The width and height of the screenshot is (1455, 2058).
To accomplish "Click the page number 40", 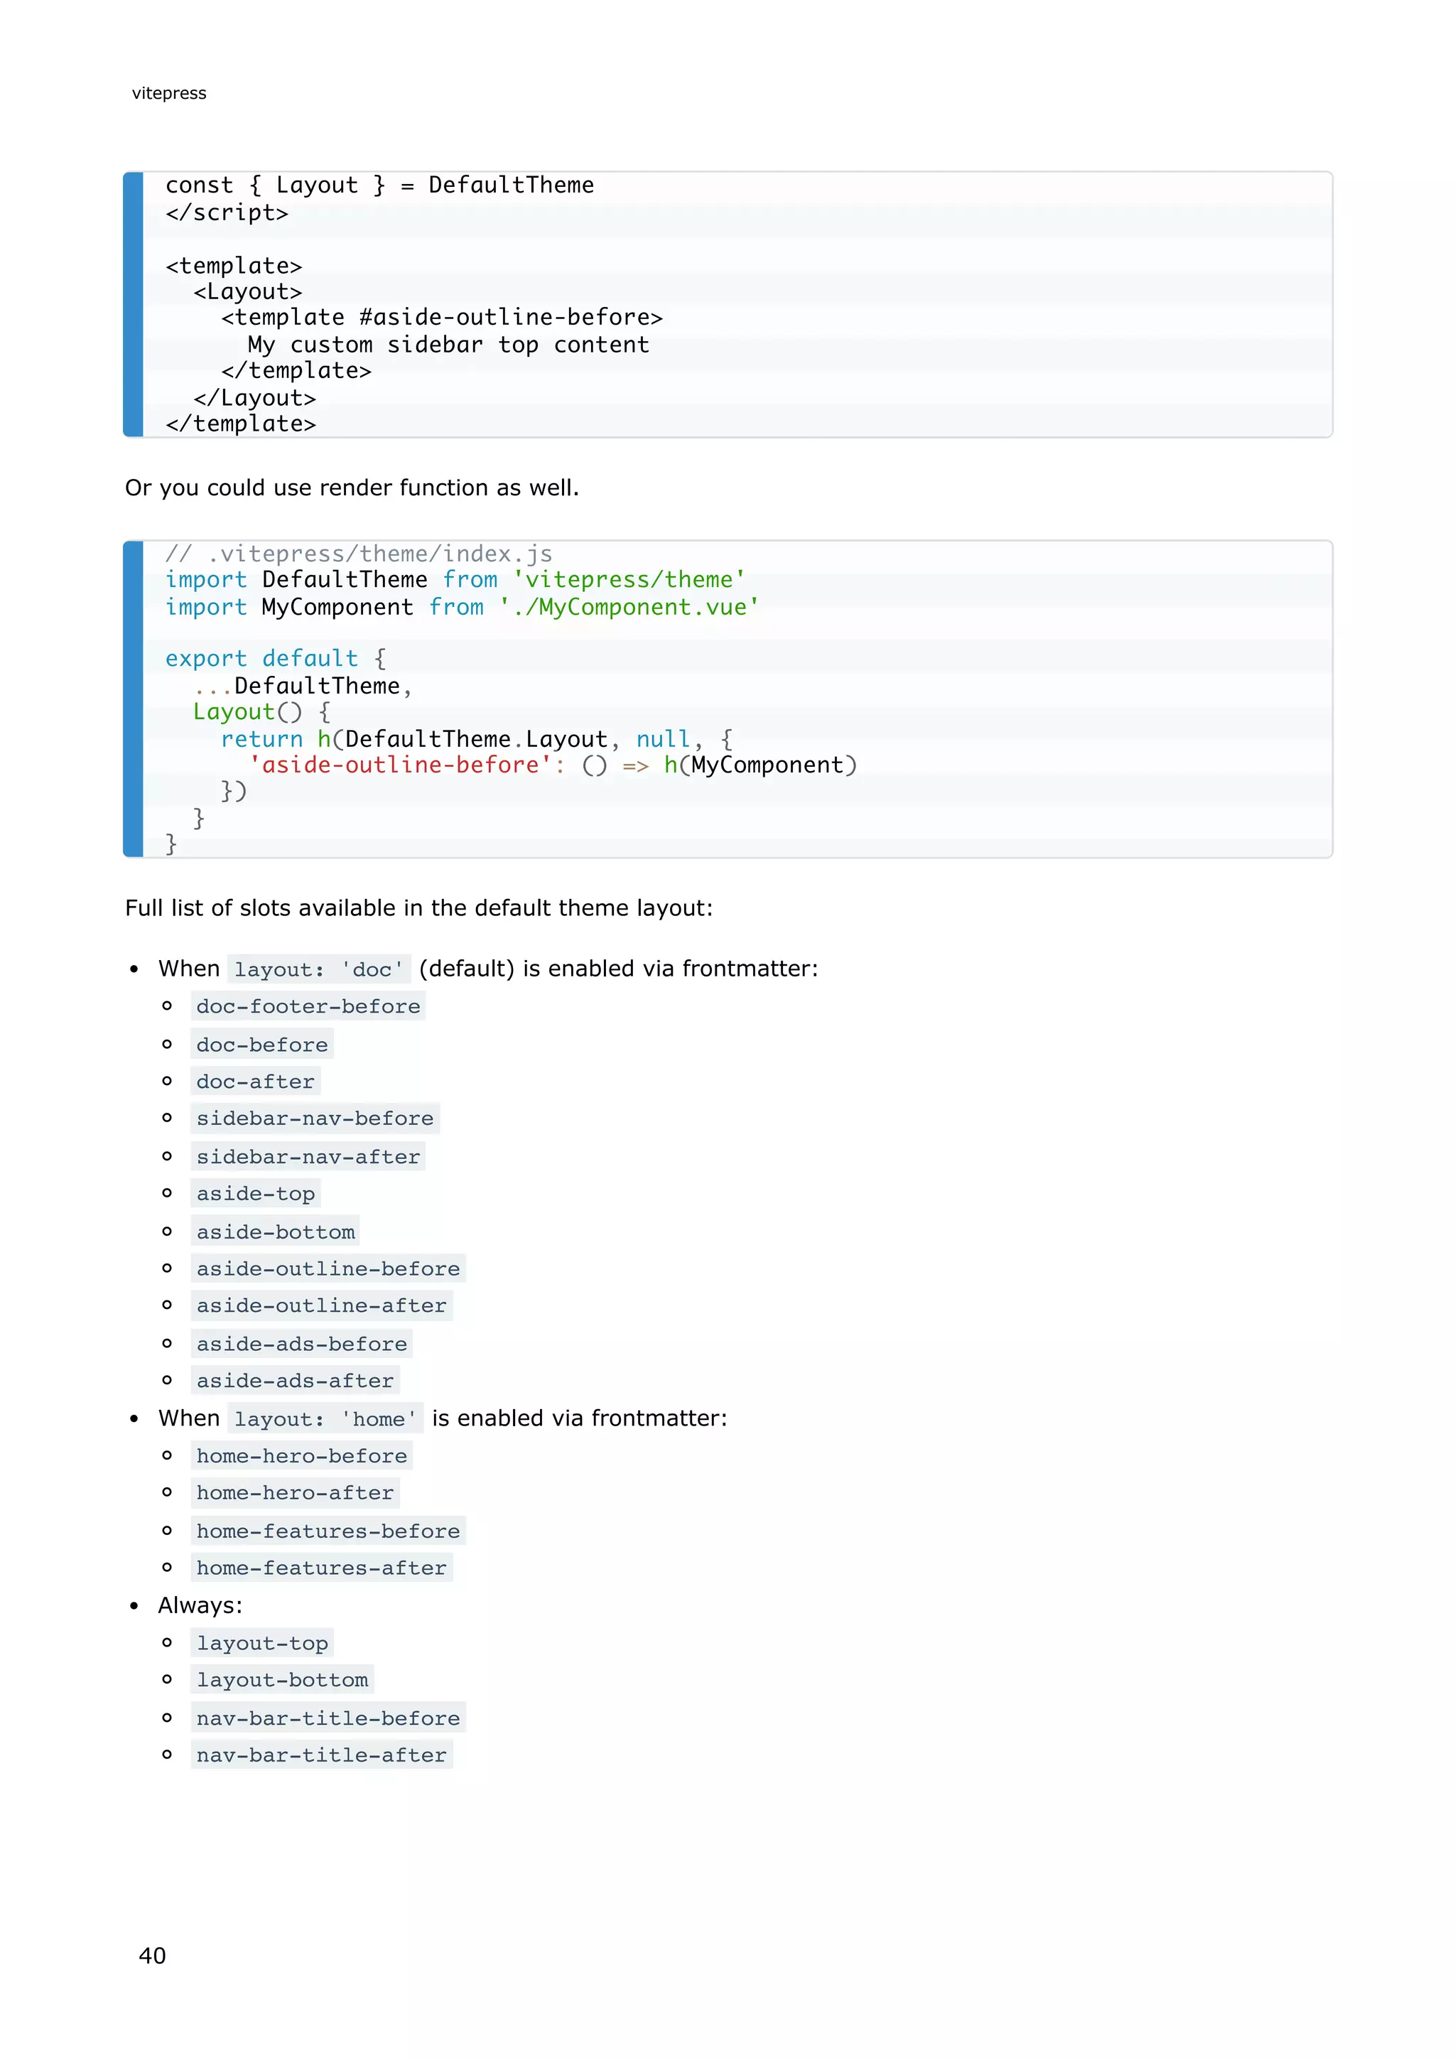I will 152,1955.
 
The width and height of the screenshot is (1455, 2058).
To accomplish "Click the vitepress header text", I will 168,93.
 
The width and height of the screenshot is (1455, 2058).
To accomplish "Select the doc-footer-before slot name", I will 308,1006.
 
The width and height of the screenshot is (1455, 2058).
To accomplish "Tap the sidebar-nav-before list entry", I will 315,1119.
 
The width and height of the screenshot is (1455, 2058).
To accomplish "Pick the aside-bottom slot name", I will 275,1232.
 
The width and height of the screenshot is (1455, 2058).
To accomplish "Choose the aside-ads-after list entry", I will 295,1381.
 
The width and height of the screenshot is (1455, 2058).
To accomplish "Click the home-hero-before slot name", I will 301,1457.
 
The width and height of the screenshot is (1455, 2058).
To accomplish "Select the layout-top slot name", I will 261,1644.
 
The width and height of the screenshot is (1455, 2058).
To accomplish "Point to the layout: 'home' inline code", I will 325,1420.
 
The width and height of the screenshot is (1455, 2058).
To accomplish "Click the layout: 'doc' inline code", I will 319,970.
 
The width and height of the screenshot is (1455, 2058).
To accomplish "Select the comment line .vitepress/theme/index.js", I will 358,554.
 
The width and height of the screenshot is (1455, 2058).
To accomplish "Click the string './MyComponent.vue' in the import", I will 629,608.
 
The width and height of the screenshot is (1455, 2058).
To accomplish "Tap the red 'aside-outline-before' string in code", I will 399,765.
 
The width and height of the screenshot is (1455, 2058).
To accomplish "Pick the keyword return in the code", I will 261,740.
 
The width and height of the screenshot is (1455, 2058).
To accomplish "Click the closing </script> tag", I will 227,213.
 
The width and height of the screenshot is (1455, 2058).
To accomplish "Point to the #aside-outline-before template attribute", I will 511,318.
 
